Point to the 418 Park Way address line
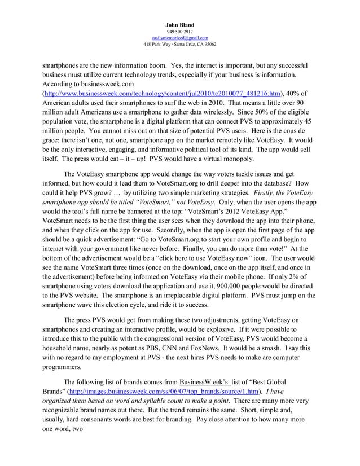[180, 44]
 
